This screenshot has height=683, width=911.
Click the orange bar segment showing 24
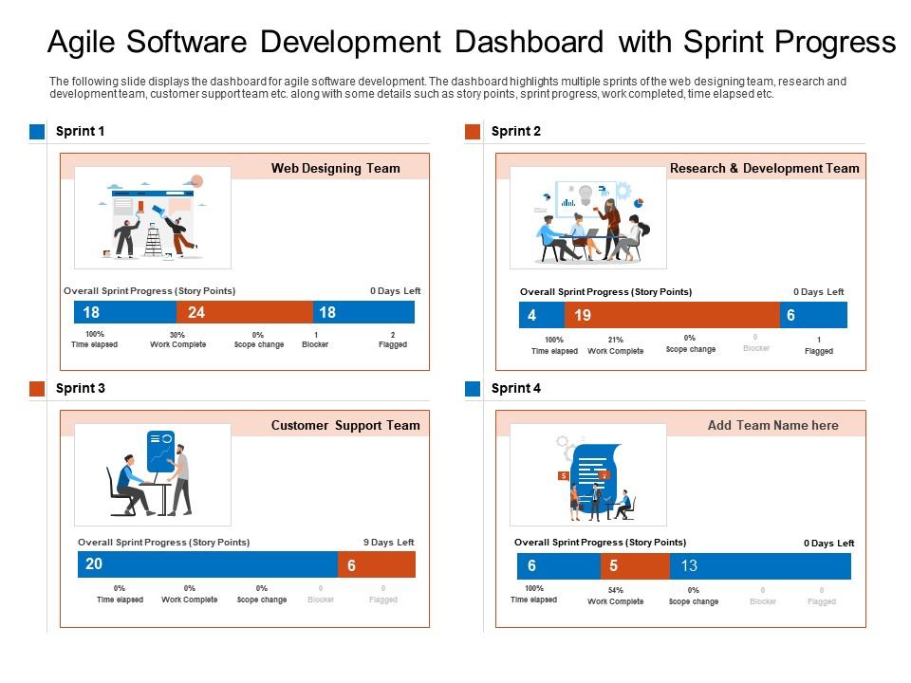(244, 312)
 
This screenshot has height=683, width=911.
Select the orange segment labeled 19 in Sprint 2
(672, 315)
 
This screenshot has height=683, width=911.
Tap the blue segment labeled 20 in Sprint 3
(207, 564)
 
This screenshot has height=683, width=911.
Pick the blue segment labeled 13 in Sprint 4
(760, 566)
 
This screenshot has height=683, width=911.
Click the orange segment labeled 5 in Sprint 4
(635, 566)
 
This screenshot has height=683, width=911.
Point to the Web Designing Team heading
(336, 168)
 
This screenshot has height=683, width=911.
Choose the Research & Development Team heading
(764, 168)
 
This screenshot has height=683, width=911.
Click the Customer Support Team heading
(345, 425)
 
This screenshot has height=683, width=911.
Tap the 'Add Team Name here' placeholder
(772, 425)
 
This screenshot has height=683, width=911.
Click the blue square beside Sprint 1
(37, 132)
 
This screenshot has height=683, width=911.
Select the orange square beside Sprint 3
(37, 389)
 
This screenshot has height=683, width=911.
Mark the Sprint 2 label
(516, 132)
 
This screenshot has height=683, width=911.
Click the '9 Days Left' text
(389, 543)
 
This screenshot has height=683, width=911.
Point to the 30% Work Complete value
(177, 340)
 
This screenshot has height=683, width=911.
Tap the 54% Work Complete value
(615, 596)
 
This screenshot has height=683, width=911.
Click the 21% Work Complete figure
(615, 345)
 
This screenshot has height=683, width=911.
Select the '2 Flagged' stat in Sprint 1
(393, 340)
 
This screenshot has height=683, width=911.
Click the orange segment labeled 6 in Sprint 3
(377, 565)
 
